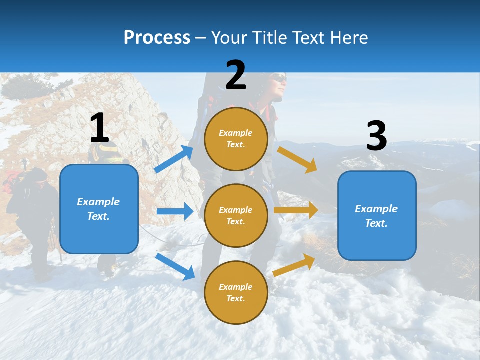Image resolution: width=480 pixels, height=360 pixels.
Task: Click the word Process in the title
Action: click(157, 38)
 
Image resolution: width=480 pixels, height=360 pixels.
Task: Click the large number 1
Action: click(99, 128)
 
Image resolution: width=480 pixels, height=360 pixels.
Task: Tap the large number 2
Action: click(236, 75)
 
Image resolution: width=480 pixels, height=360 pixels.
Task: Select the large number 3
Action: click(376, 136)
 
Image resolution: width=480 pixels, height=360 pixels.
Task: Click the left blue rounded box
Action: click(99, 209)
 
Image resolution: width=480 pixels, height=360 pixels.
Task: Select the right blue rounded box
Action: click(377, 215)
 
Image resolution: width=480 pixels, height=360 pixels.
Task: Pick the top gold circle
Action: click(236, 138)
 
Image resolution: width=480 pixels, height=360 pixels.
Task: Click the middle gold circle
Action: click(236, 215)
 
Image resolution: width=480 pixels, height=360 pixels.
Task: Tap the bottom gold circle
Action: click(236, 292)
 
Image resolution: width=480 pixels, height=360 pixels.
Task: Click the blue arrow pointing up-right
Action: click(174, 159)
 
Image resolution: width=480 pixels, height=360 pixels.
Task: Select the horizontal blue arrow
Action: click(175, 211)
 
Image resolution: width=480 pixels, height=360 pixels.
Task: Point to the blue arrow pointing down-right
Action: click(175, 266)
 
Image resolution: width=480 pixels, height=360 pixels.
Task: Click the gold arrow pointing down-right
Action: click(297, 159)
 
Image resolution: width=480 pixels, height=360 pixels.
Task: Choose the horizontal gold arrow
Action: click(296, 210)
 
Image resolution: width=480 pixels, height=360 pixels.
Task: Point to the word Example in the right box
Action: click(376, 209)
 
